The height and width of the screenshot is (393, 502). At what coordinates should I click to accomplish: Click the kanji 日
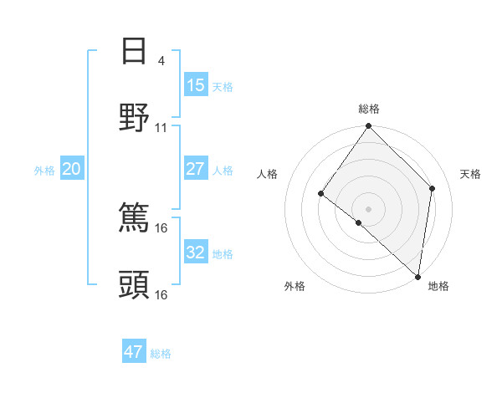tap(134, 51)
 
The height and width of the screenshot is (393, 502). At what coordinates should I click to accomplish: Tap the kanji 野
tap(134, 118)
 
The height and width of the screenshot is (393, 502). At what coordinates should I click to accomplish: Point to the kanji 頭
tap(134, 285)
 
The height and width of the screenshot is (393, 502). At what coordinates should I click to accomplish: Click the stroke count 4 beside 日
tap(161, 61)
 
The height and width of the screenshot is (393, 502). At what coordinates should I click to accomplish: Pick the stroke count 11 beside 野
tap(161, 128)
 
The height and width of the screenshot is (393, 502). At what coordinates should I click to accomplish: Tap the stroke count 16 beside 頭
tap(161, 294)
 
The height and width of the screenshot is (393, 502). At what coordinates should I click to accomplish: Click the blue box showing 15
tap(195, 85)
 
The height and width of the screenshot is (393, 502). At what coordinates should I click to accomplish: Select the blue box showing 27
tap(195, 169)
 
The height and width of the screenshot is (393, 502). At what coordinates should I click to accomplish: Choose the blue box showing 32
tap(195, 253)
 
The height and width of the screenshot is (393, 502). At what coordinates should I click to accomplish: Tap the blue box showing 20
tap(71, 169)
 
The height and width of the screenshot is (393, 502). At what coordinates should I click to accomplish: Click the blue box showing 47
tap(133, 352)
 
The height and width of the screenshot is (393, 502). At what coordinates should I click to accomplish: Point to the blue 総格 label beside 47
tap(161, 354)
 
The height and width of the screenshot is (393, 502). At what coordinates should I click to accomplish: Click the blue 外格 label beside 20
tap(44, 171)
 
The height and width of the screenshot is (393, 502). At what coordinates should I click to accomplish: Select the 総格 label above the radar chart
tap(369, 109)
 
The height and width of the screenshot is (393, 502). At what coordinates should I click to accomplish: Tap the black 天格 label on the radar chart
tap(470, 174)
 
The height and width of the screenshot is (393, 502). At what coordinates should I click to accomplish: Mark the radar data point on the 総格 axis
tap(369, 126)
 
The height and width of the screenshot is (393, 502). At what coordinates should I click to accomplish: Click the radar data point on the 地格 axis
tap(418, 276)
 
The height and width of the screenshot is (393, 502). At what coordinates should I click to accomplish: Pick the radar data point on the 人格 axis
tap(321, 194)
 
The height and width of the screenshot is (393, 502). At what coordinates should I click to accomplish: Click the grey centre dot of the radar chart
tap(369, 208)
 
